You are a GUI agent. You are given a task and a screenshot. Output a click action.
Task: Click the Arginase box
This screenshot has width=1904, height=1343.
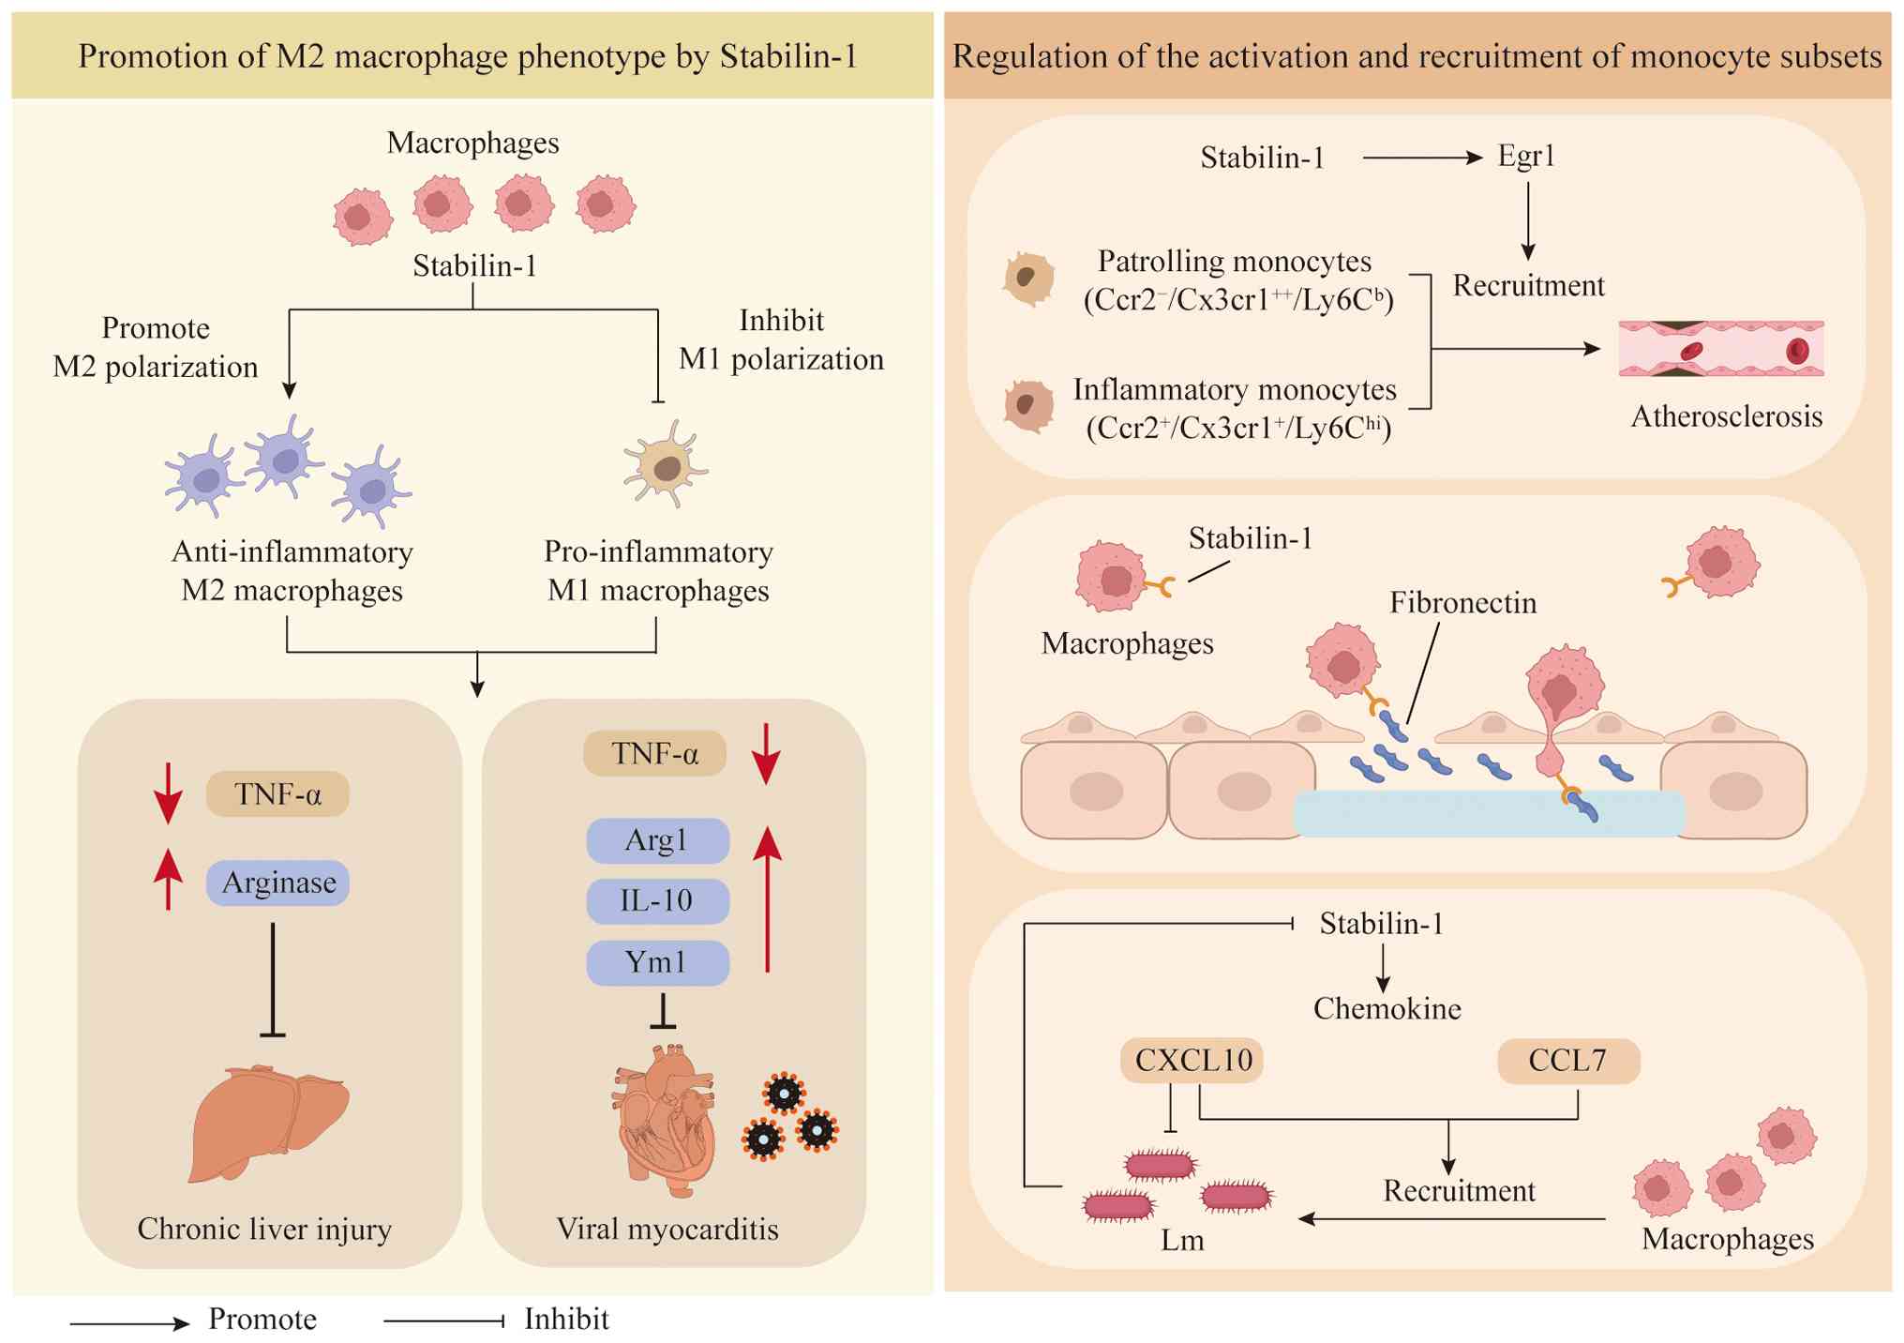(277, 883)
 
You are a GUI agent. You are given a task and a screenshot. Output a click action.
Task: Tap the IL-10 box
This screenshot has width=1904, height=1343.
(657, 901)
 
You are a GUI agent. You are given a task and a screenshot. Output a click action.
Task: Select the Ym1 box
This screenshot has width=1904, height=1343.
(657, 962)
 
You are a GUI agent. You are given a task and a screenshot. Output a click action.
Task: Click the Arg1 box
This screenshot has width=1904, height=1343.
(657, 840)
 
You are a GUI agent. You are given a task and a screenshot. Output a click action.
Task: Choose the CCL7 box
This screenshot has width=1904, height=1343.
(1567, 1061)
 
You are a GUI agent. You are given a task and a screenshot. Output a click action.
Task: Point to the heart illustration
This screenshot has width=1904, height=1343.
(665, 1121)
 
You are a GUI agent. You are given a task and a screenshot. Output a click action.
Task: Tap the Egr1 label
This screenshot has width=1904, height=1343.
(1526, 156)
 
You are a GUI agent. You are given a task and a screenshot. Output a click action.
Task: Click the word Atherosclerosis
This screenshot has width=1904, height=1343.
(1726, 416)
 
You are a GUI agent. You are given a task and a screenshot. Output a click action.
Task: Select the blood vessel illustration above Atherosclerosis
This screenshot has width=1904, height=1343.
(1721, 349)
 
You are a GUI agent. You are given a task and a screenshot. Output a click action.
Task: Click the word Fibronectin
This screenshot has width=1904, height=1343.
(1462, 602)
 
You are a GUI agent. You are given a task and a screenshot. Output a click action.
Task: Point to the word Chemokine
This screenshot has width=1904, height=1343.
(1387, 1009)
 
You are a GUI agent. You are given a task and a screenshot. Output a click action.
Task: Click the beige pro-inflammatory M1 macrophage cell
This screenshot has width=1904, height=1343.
(665, 466)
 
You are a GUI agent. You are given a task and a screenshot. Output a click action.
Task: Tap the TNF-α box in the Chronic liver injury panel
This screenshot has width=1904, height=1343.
(277, 794)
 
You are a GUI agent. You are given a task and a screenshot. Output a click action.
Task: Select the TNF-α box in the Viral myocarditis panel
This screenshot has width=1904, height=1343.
(654, 753)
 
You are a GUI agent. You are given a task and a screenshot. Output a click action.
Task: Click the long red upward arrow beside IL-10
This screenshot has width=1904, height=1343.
(768, 898)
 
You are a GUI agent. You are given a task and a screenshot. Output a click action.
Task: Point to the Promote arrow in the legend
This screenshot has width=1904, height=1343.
(129, 1323)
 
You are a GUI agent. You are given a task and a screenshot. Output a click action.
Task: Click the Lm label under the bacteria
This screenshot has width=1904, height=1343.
(1181, 1240)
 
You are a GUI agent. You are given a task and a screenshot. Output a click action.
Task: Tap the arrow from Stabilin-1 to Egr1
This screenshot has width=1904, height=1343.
(1421, 158)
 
